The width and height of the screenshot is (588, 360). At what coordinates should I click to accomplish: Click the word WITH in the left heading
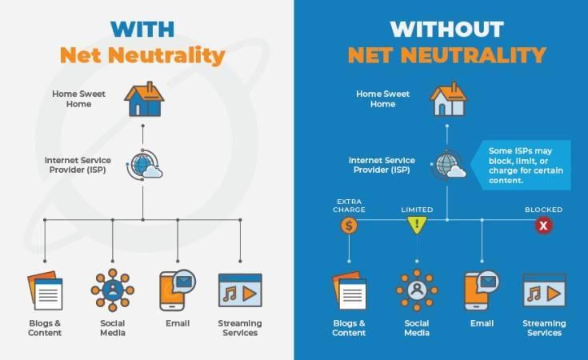coord(142,30)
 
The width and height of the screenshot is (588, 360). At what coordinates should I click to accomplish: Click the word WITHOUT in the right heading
coord(446,30)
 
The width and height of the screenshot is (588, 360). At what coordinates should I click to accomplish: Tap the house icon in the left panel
coord(144,99)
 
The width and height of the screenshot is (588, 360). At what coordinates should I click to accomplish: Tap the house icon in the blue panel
coord(449,99)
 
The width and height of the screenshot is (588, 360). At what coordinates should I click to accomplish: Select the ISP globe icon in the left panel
coord(145,165)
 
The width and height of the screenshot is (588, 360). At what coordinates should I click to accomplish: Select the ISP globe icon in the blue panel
coord(449,165)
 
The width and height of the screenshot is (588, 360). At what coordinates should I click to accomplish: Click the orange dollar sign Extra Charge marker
coord(349,226)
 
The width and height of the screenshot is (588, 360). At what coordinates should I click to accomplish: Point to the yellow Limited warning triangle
coord(417,225)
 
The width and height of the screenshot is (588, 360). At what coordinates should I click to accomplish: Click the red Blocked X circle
coord(543,226)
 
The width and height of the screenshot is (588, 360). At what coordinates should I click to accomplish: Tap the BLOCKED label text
coord(543,210)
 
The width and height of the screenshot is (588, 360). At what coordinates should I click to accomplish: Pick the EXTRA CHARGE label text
coord(349,206)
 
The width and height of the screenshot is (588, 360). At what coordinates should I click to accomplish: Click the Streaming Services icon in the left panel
coord(240,290)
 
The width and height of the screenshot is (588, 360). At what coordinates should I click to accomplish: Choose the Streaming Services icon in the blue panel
coord(544,290)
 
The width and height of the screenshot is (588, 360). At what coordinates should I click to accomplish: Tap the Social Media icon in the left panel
coord(113,290)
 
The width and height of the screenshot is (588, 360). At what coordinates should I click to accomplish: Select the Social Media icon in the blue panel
coord(417,290)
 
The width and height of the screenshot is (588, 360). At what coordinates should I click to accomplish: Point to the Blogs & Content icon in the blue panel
coord(349,290)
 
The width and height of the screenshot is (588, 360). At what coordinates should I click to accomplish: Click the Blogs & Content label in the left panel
coord(45,328)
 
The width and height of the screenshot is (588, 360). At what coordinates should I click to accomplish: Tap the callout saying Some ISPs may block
coord(521,166)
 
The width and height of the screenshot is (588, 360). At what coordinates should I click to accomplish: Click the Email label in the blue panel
coord(482,323)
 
